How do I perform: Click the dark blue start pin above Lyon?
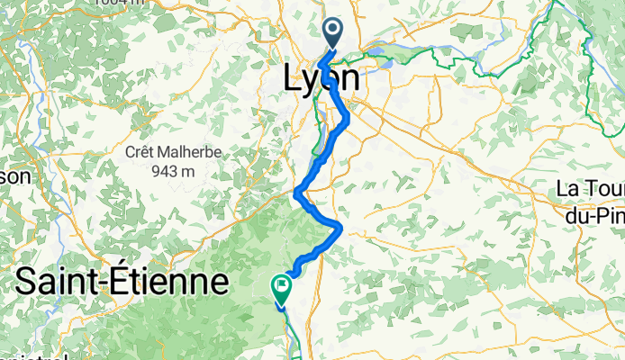click(332, 35)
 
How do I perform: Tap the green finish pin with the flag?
click(281, 290)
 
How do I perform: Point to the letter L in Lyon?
click(293, 78)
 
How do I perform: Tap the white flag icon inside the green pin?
click(281, 287)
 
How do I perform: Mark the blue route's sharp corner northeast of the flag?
click(339, 227)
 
